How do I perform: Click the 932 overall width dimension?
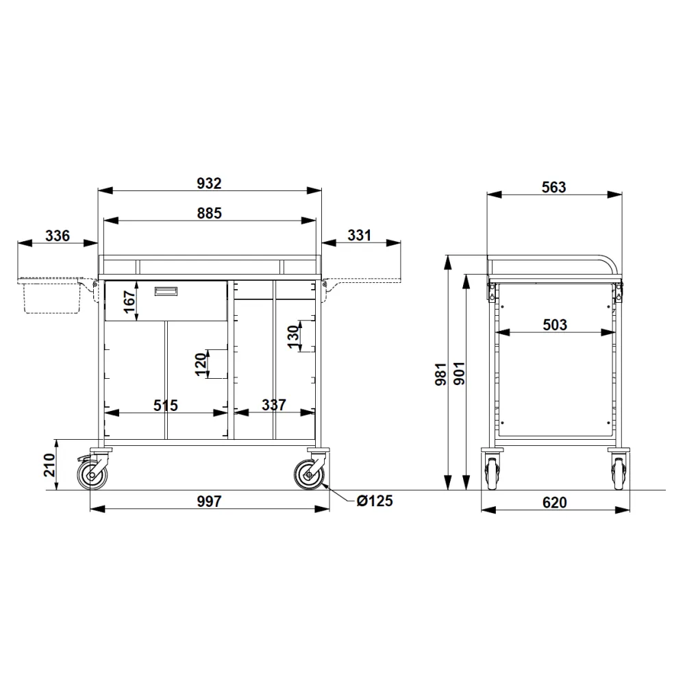point(209,184)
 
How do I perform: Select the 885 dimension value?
point(209,213)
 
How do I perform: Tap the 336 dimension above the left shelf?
point(58,236)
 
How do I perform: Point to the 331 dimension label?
point(359,236)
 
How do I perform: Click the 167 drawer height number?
point(129,302)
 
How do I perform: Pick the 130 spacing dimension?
point(294,337)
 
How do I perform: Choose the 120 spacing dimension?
point(201,364)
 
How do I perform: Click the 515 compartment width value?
point(166,406)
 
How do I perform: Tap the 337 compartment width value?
point(274,405)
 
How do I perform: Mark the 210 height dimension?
point(49,465)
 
